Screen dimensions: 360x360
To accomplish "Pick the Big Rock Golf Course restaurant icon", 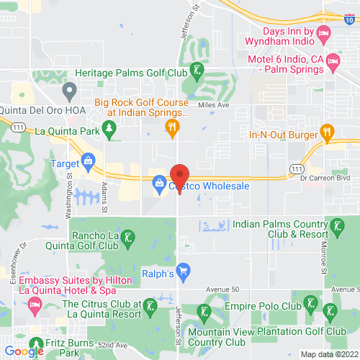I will [x=171, y=128].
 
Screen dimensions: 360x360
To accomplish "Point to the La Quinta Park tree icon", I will [x=109, y=130].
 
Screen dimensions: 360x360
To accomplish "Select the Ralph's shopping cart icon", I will [x=183, y=271].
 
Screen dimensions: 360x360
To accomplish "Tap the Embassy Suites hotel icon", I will [x=34, y=305].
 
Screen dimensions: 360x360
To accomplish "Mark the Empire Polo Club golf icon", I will [x=310, y=302].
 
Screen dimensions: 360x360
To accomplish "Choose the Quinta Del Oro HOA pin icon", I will [x=70, y=91].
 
